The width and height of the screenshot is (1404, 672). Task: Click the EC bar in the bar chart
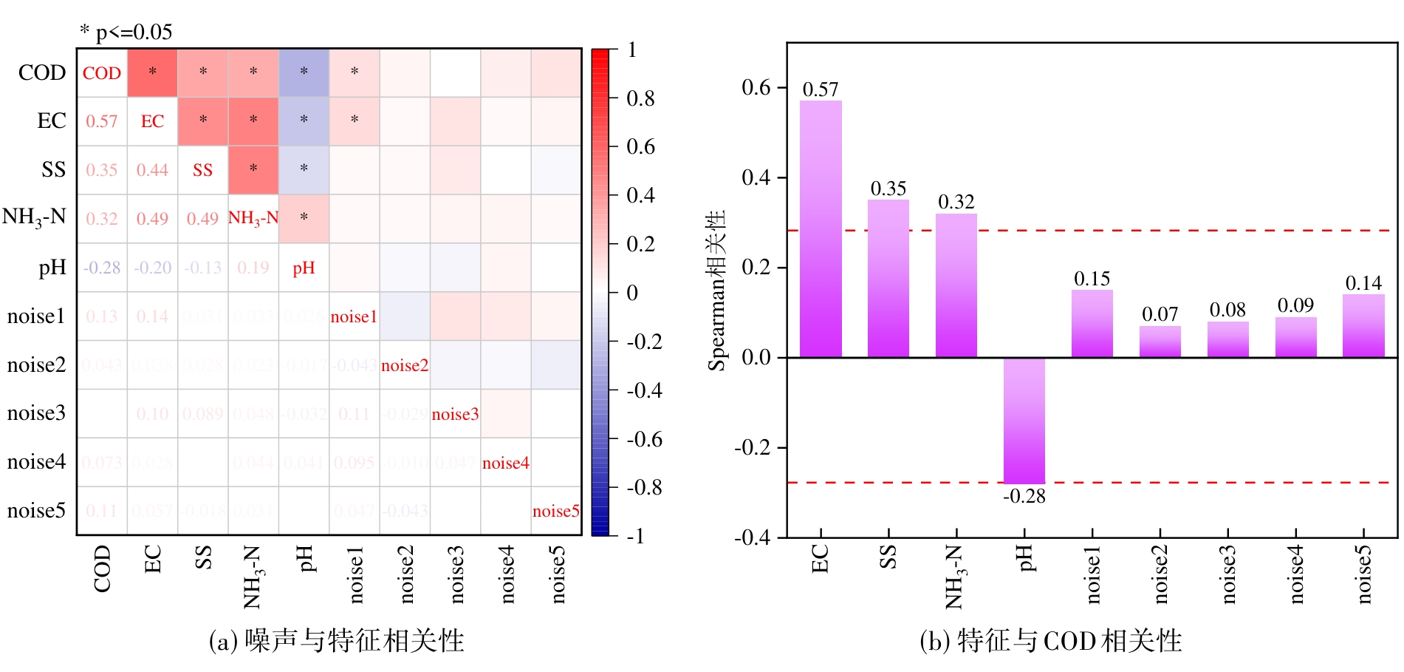click(x=821, y=229)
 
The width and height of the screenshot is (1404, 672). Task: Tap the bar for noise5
click(x=1363, y=326)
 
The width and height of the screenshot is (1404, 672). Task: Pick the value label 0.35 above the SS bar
click(x=888, y=189)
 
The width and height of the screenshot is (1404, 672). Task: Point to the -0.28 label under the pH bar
click(x=1024, y=497)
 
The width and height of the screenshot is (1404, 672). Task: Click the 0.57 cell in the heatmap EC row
click(x=102, y=121)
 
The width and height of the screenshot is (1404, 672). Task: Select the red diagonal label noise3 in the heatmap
click(x=455, y=414)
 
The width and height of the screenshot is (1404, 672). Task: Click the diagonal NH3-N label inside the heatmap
click(x=253, y=218)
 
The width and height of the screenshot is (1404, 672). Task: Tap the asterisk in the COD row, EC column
click(x=152, y=72)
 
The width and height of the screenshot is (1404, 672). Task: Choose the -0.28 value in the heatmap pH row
click(x=102, y=268)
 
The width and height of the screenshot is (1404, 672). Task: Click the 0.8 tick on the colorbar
click(x=640, y=98)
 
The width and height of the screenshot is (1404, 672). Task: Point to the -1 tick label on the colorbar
click(x=635, y=536)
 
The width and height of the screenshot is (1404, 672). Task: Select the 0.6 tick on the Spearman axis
click(x=756, y=87)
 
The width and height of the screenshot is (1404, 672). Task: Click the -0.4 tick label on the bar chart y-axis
click(x=752, y=537)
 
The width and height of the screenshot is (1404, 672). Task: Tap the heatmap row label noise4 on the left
click(x=36, y=462)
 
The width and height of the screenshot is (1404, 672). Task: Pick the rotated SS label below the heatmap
click(x=203, y=557)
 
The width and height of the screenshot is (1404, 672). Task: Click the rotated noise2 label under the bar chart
click(x=1160, y=574)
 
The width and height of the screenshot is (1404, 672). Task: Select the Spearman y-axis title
click(x=716, y=290)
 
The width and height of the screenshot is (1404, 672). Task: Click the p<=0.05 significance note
click(x=126, y=32)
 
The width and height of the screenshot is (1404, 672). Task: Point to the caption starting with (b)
click(x=1050, y=641)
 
